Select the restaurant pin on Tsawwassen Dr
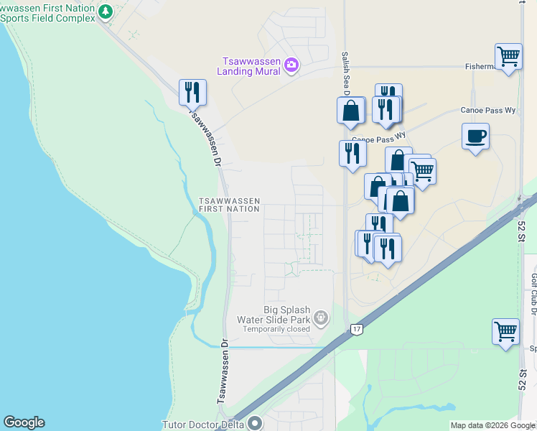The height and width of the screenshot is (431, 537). tap(192, 92)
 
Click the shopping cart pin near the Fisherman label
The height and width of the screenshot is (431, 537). tap(508, 56)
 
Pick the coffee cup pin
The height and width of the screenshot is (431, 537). tap(475, 136)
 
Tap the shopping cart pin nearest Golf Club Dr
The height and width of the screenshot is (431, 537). tap(506, 332)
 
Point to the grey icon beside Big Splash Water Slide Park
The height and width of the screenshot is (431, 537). tap(321, 316)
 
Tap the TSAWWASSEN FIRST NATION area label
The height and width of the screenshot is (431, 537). tap(228, 205)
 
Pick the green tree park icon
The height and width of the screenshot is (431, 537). tap(106, 11)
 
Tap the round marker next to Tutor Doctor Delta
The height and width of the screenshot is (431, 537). tap(255, 423)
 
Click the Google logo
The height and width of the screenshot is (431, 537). tap(24, 422)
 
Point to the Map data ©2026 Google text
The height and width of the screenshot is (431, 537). tap(492, 425)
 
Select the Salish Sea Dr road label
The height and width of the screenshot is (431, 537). tap(345, 73)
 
